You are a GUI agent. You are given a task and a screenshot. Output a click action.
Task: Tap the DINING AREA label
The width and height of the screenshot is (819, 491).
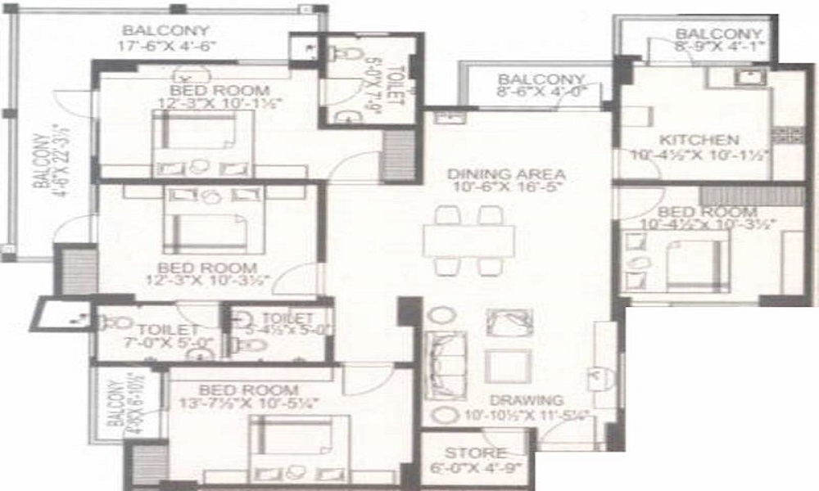pos(506,174)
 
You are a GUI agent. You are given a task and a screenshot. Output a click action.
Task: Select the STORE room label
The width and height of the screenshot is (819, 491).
pos(475,453)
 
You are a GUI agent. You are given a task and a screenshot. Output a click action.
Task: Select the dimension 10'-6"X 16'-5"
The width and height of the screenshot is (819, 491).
pos(507,188)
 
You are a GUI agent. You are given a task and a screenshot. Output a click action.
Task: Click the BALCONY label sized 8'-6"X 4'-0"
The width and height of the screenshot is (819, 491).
pos(541,79)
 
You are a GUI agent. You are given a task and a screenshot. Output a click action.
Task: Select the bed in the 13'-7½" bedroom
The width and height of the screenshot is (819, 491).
pos(300,443)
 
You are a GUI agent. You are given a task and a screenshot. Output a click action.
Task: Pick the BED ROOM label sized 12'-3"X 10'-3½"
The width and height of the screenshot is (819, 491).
pos(207,268)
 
